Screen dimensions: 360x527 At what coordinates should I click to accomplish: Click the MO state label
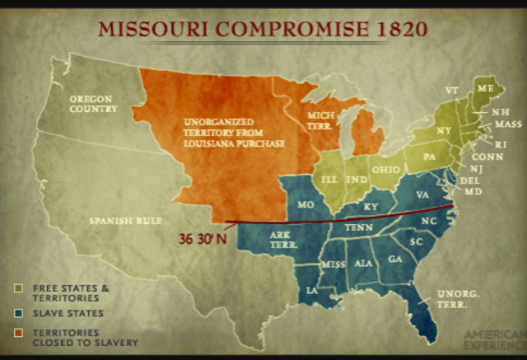click(306, 203)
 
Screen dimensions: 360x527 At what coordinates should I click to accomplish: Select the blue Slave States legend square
click(18, 313)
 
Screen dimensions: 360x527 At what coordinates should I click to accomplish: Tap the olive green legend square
click(18, 288)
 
